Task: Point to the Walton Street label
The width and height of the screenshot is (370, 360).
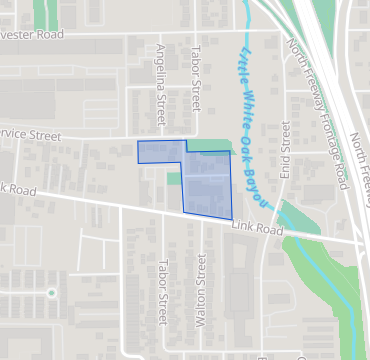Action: (201, 286)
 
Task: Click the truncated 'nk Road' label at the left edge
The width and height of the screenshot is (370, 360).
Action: (18, 188)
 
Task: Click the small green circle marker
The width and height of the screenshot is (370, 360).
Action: (50, 293)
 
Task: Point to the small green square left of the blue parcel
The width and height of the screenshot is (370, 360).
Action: (174, 179)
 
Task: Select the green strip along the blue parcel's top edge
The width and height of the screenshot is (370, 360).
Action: (209, 145)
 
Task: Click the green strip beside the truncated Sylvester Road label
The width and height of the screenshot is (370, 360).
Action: (42, 14)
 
